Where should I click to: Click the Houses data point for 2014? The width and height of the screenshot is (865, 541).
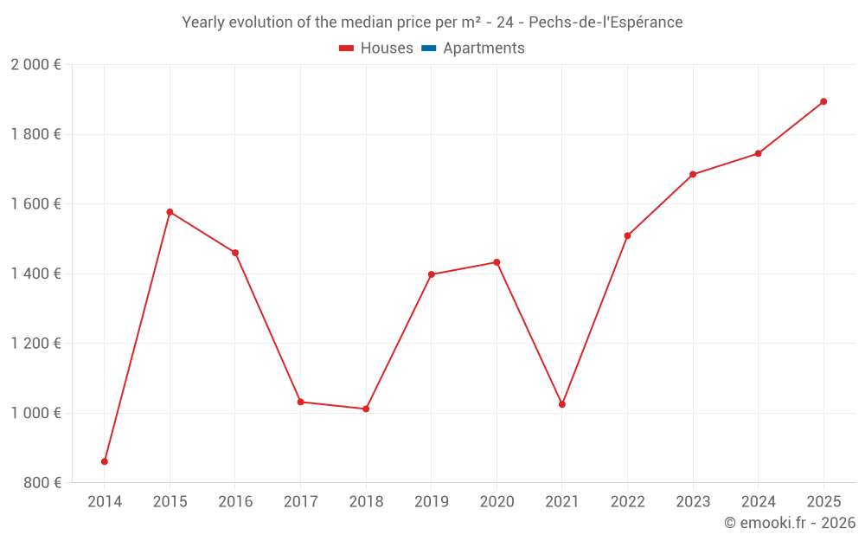pos(105,461)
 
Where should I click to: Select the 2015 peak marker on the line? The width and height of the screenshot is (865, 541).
pos(170,212)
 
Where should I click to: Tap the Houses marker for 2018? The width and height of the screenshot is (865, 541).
pos(366,409)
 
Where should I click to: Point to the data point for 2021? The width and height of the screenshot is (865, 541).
pos(562,404)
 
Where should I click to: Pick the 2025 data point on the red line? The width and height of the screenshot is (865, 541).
pos(823,101)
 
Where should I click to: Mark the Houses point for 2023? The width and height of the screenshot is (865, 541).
pos(693,175)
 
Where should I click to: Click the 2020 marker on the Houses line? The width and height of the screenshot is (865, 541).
pos(497,262)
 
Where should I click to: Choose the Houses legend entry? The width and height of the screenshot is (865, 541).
pos(376,48)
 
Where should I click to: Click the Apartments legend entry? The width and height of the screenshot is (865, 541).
pos(473,48)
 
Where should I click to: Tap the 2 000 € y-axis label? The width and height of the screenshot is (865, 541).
pos(36,65)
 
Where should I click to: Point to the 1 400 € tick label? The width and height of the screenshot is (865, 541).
pos(36,274)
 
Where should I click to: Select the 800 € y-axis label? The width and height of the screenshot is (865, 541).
pos(41,482)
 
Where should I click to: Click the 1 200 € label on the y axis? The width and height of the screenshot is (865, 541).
pos(36,344)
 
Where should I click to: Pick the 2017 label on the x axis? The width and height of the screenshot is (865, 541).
pos(300,502)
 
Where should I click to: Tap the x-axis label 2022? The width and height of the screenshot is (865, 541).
pos(627,502)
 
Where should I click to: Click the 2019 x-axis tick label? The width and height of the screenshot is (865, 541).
pos(431,502)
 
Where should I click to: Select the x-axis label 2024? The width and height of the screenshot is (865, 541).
pos(758,502)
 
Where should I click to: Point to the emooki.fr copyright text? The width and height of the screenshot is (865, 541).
pos(790,523)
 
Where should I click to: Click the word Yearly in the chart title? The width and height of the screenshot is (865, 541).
pos(203,23)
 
